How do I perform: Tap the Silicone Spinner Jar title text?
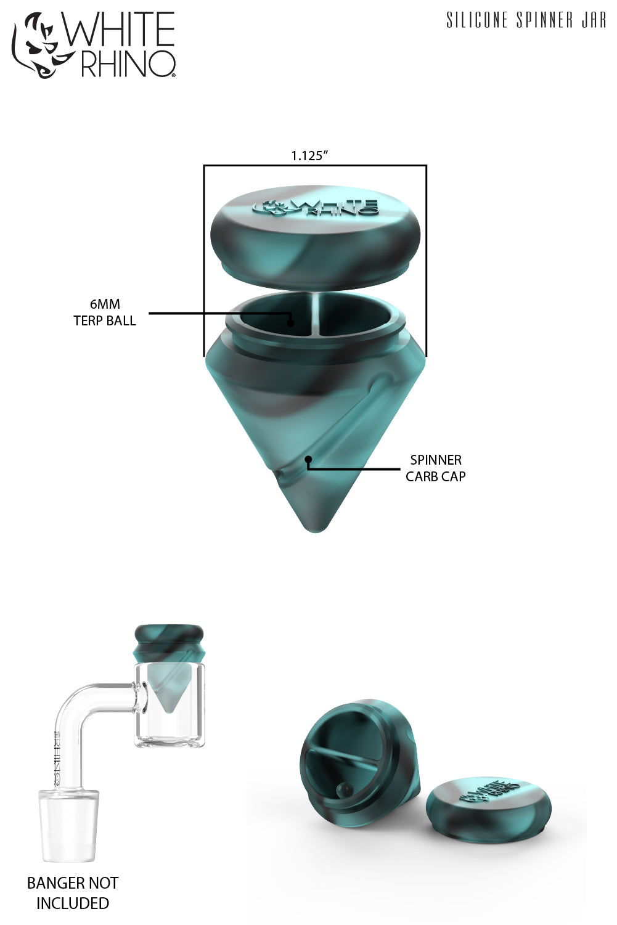[526, 20]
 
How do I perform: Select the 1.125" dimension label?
[309, 156]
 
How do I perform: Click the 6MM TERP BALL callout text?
[105, 312]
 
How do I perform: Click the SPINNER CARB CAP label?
[435, 468]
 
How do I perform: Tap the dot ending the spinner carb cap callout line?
[308, 459]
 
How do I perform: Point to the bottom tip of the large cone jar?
[316, 529]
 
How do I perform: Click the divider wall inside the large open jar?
[316, 314]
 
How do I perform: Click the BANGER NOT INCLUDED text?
[73, 893]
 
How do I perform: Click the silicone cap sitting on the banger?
[169, 643]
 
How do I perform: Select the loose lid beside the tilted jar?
[488, 807]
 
